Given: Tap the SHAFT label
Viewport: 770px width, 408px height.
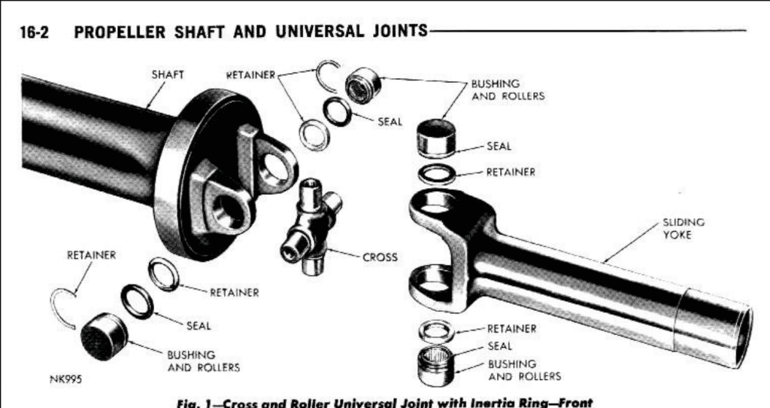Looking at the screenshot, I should click(168, 75).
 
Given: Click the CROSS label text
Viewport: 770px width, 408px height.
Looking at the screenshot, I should click(380, 257).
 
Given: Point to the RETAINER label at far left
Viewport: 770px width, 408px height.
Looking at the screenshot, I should click(91, 255).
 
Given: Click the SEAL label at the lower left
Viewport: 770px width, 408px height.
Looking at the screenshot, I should click(199, 326).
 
